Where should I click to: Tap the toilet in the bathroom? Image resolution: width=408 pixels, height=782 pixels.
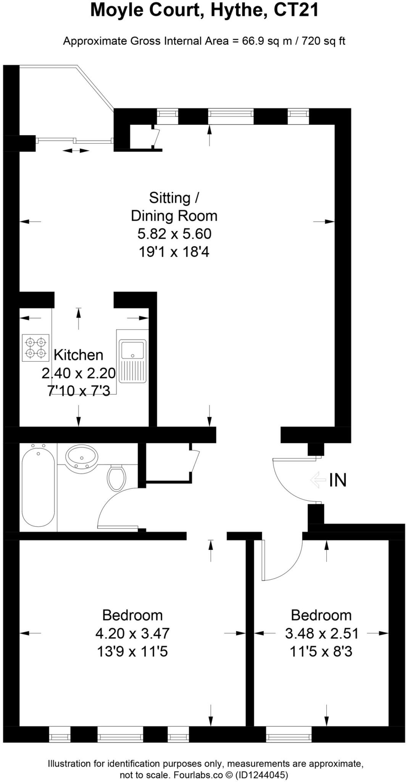point(116,478)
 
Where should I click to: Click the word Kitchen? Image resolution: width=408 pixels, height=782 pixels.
point(78,355)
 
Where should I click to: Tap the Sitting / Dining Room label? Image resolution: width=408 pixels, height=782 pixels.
point(174,207)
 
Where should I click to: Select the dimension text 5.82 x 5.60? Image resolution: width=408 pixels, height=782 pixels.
point(174,234)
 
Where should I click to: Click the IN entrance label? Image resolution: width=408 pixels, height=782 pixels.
point(338,480)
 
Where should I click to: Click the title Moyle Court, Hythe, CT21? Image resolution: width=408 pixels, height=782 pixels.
point(204,11)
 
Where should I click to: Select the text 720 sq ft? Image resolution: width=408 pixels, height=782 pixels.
point(324,41)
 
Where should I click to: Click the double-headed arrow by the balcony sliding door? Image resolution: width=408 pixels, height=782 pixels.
point(76,151)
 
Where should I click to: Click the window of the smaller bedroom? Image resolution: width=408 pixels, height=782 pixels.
point(289,734)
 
